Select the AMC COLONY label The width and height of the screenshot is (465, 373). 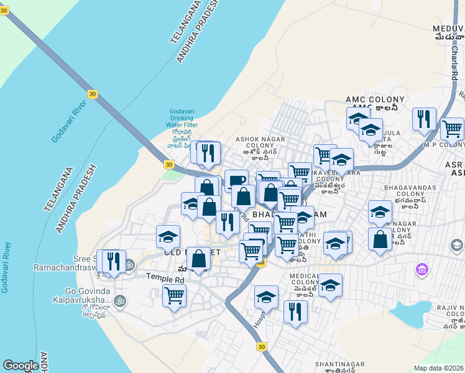tap(375, 99)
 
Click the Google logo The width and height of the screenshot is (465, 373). tap(21, 366)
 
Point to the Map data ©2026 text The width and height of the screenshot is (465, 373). tap(438, 368)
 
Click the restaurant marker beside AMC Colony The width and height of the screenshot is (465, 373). tap(424, 118)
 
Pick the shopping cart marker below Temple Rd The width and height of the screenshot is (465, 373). tap(174, 295)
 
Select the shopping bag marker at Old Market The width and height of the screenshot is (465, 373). tap(198, 259)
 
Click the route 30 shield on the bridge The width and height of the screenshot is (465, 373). tap(92, 93)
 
